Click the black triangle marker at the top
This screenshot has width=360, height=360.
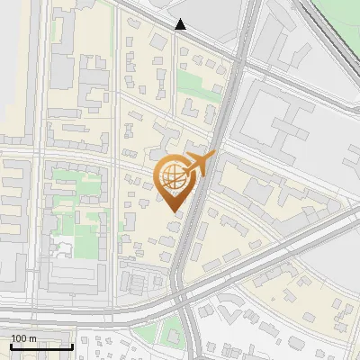[181, 24]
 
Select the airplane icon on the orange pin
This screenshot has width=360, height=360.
[199, 165]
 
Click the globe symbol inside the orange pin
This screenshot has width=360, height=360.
[173, 179]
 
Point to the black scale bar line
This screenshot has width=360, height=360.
[41, 346]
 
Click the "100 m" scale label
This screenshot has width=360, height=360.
[24, 338]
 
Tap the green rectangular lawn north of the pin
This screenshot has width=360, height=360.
[191, 84]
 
